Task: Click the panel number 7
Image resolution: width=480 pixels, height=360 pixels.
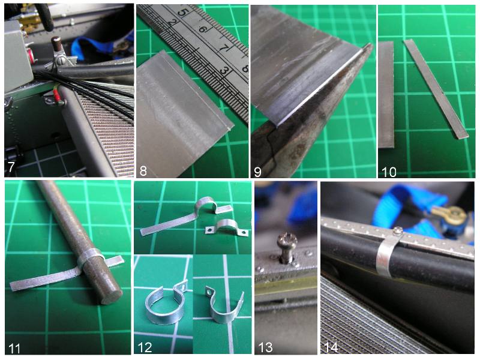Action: click(11, 167)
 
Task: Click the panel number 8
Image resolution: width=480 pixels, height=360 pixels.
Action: click(143, 171)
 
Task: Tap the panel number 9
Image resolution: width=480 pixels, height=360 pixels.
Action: click(258, 172)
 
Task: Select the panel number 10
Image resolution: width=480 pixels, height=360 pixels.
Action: click(389, 172)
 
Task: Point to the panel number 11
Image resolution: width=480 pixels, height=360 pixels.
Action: click(14, 349)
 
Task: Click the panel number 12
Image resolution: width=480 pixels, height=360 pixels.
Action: click(145, 347)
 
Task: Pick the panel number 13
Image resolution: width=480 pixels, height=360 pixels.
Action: click(265, 347)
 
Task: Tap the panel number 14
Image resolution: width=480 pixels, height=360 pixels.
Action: click(331, 347)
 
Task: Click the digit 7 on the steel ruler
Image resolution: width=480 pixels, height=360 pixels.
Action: click(224, 49)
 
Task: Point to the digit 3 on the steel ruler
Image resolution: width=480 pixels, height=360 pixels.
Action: click(223, 71)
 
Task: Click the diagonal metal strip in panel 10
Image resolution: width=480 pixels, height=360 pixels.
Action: click(436, 88)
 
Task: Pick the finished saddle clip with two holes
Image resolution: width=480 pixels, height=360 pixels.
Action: click(227, 227)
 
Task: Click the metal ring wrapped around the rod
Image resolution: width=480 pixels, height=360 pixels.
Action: click(91, 257)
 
